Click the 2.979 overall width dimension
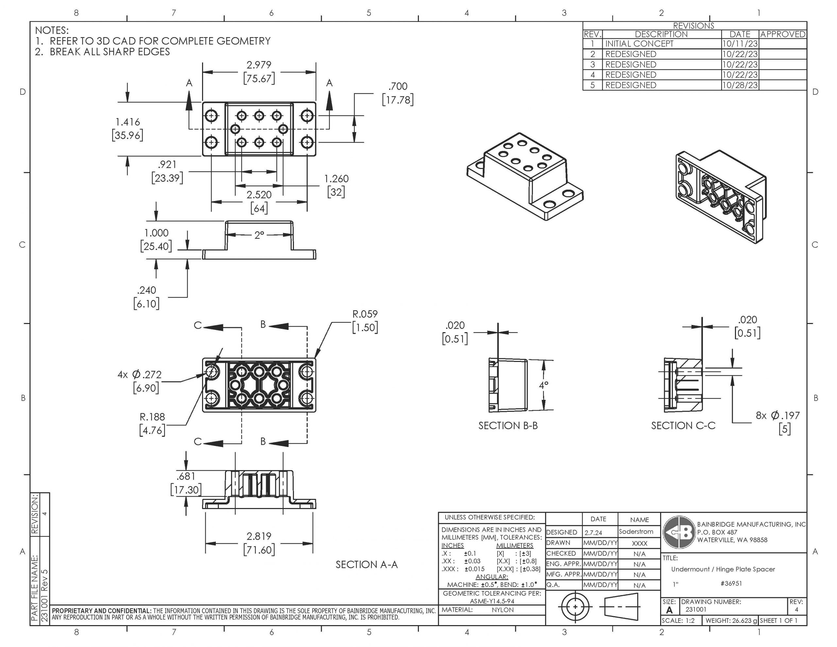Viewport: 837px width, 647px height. click(x=259, y=65)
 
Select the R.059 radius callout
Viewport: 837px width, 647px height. click(x=365, y=314)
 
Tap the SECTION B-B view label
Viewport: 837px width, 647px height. click(x=508, y=425)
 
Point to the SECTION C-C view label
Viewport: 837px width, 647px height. click(x=683, y=425)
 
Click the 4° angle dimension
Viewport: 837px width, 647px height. click(x=543, y=385)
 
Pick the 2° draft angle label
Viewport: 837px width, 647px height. click(x=259, y=235)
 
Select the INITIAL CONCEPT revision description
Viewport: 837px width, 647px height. click(x=639, y=44)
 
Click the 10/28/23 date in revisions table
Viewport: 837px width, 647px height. click(x=739, y=85)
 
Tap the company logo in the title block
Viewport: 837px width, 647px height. click(x=679, y=532)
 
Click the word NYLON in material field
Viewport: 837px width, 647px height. click(x=503, y=610)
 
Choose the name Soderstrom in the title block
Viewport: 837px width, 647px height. click(x=636, y=532)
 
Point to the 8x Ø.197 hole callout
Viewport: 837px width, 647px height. click(x=777, y=416)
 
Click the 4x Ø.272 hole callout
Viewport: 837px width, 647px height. click(x=140, y=374)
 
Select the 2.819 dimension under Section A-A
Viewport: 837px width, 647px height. click(x=259, y=536)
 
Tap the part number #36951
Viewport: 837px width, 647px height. click(x=731, y=583)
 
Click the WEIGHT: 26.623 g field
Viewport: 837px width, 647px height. click(x=731, y=621)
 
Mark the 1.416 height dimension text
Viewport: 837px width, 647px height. click(x=128, y=122)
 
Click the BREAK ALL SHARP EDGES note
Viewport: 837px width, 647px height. click(x=110, y=52)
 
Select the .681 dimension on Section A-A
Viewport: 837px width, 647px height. click(x=185, y=476)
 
